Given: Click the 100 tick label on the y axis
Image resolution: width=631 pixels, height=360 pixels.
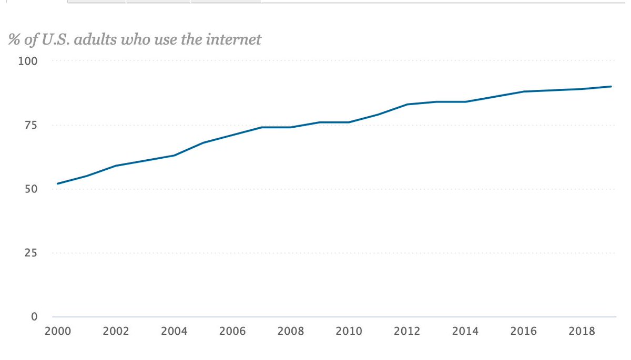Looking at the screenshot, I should pyautogui.click(x=28, y=61).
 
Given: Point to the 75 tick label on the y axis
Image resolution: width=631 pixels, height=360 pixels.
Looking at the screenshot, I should pyautogui.click(x=30, y=125).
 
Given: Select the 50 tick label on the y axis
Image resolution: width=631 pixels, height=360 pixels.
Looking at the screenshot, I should pyautogui.click(x=30, y=189).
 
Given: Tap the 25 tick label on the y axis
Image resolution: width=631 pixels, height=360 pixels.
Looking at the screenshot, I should pyautogui.click(x=30, y=253).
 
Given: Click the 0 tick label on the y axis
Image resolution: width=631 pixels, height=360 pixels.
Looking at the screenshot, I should pyautogui.click(x=34, y=316).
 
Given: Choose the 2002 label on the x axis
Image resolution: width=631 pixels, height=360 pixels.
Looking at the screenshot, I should pyautogui.click(x=116, y=332).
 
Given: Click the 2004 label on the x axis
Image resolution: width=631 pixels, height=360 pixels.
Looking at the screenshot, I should pyautogui.click(x=174, y=332).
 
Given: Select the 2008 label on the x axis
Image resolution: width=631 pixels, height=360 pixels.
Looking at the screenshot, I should pyautogui.click(x=290, y=332).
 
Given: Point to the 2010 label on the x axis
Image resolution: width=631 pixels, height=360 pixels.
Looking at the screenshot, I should pyautogui.click(x=349, y=332).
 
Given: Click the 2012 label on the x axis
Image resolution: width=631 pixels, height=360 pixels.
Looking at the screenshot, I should pyautogui.click(x=407, y=332).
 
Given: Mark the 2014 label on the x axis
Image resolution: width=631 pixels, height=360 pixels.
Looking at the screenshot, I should pyautogui.click(x=465, y=332).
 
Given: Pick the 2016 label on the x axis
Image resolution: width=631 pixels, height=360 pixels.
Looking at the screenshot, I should pyautogui.click(x=524, y=332).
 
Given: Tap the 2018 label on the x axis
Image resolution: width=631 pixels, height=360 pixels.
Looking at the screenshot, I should pyautogui.click(x=582, y=332).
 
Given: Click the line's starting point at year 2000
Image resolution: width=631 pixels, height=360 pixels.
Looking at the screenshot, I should pyautogui.click(x=57, y=183).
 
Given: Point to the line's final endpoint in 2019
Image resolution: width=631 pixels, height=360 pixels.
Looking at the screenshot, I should pyautogui.click(x=611, y=86).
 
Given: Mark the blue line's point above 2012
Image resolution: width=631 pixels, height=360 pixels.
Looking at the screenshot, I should pyautogui.click(x=407, y=104).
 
